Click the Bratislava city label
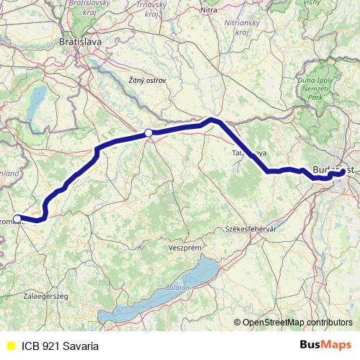(81, 42)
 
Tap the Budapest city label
(332, 170)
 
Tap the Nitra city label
(209, 10)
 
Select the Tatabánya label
(248, 153)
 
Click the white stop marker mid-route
(148, 132)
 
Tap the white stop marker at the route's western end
(17, 218)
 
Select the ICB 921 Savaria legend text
(60, 346)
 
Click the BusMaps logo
(325, 345)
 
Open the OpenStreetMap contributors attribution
(297, 323)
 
